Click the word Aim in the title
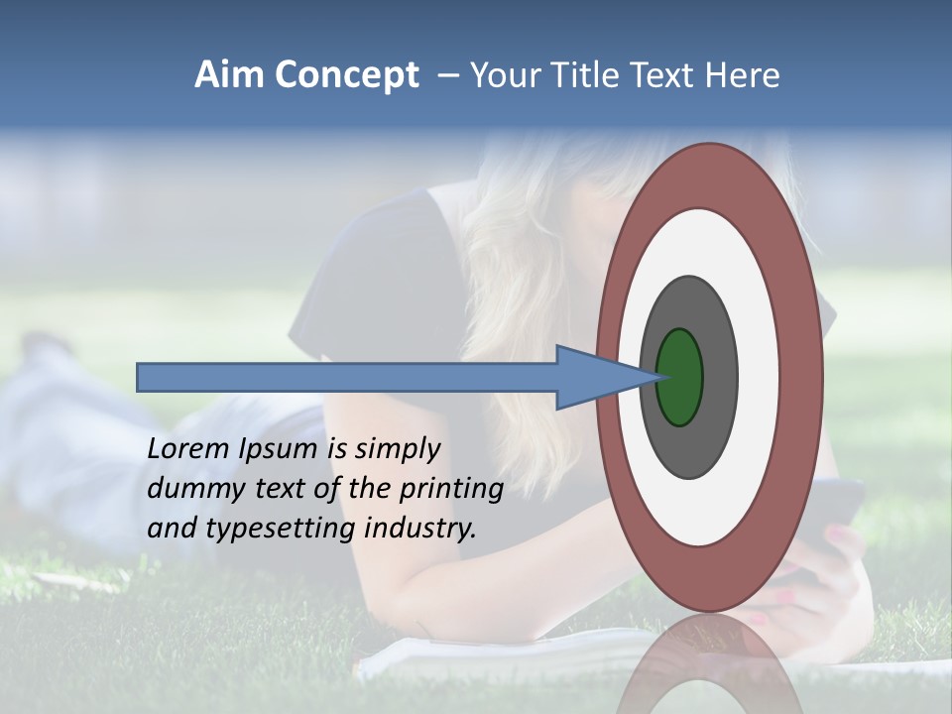click(x=230, y=75)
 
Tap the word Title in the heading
click(x=578, y=75)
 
